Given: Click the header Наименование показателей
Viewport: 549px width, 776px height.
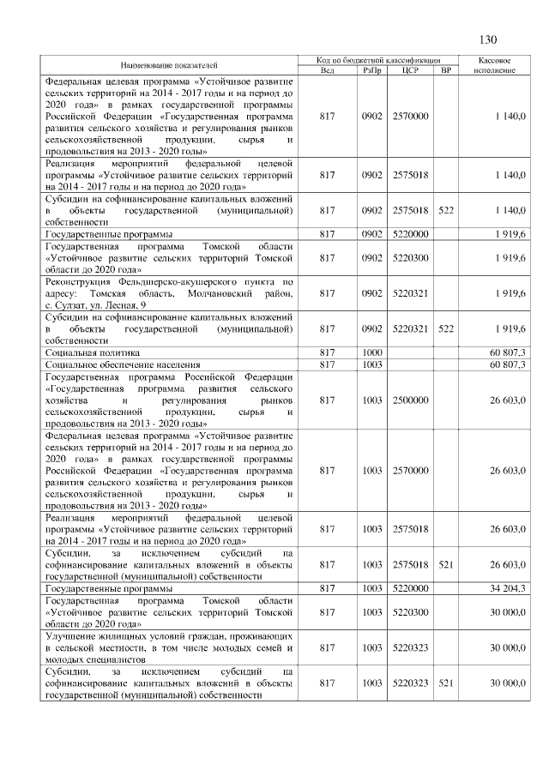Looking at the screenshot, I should click(x=169, y=64).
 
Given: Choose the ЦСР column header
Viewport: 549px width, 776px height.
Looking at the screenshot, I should click(x=409, y=69).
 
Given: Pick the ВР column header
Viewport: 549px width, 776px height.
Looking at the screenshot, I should click(x=444, y=69).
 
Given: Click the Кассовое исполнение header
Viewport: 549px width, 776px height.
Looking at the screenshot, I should click(x=493, y=64).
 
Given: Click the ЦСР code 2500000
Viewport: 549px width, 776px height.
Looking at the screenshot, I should click(x=409, y=400).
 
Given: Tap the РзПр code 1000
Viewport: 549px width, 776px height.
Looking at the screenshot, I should click(x=371, y=352).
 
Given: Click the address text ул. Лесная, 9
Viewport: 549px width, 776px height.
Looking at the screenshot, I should click(x=116, y=304).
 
